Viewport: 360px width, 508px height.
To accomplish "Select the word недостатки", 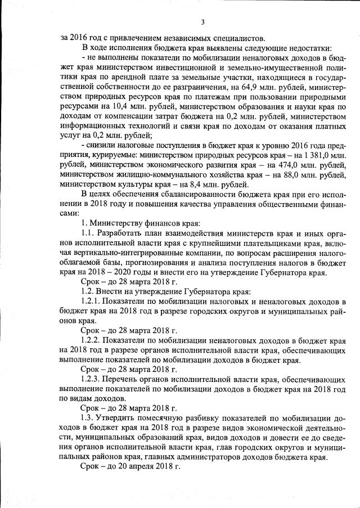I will (x=305, y=47).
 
